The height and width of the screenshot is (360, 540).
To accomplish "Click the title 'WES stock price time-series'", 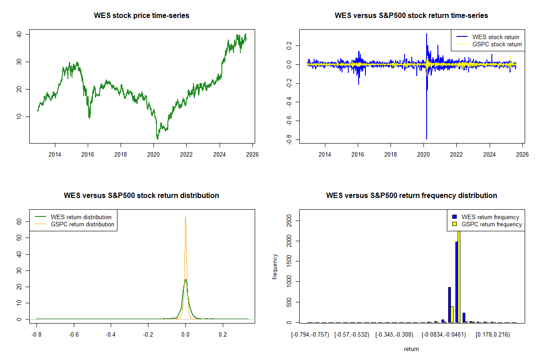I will [141, 15].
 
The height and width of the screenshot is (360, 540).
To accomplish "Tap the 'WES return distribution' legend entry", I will [81, 217].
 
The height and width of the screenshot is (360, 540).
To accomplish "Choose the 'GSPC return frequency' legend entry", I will [491, 224].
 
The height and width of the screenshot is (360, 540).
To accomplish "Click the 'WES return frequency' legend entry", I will [490, 217].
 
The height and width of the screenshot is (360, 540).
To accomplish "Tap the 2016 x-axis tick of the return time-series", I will [358, 154].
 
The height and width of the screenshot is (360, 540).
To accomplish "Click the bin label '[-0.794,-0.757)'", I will [310, 334].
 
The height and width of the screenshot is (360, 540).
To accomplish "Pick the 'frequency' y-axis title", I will [275, 266].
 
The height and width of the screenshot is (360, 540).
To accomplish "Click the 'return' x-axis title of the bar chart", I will [411, 349].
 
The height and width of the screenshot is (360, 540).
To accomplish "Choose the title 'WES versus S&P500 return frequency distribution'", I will [411, 195].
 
